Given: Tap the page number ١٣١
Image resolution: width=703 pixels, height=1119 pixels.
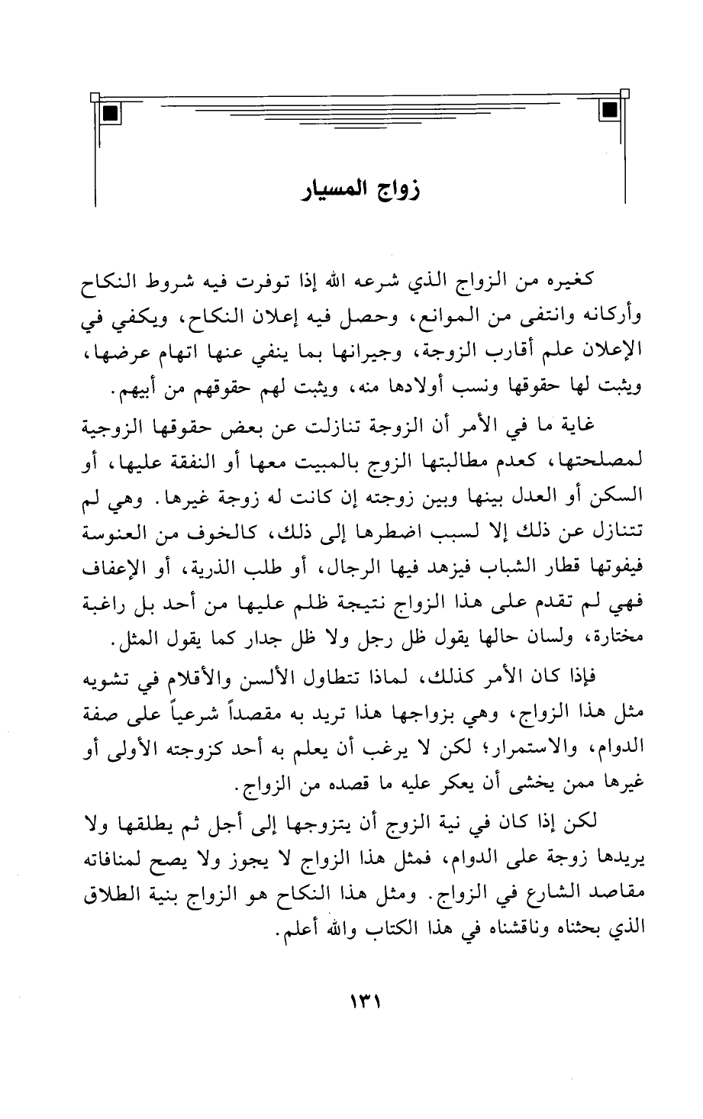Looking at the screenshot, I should [x=356, y=1001].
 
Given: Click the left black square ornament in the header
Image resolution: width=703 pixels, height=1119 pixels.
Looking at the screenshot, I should [x=110, y=114].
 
